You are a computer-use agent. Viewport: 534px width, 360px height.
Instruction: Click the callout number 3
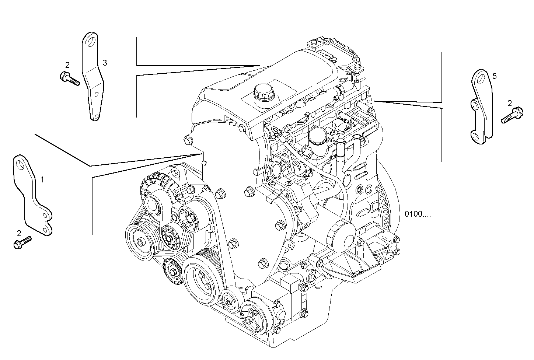(x=105, y=63)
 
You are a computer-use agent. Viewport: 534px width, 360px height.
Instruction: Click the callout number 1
(x=42, y=179)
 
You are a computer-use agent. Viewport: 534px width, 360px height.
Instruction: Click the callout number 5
(x=494, y=76)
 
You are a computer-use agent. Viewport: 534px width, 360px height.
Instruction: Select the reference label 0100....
(x=417, y=213)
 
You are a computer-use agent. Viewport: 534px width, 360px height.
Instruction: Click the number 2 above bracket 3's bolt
(x=67, y=65)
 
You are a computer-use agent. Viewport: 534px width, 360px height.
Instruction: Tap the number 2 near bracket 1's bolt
(x=19, y=233)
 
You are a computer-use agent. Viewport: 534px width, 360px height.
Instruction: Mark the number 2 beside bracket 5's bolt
(x=510, y=104)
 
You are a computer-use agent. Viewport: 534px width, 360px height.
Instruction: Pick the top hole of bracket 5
(x=479, y=77)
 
